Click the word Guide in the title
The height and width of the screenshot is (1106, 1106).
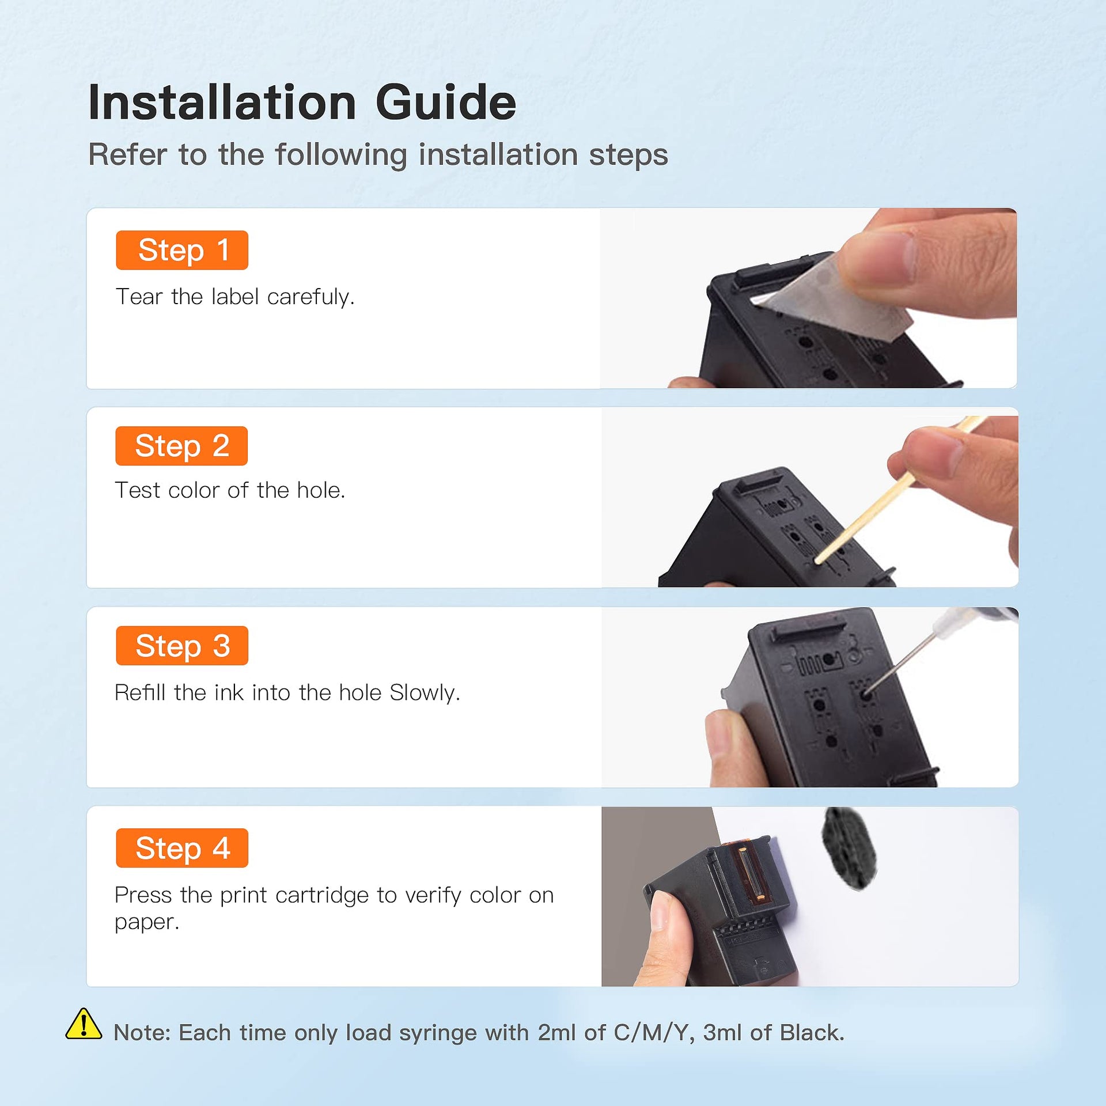[x=446, y=103]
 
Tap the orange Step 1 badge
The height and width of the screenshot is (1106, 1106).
[x=182, y=250]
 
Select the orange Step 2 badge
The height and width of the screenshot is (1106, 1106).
[x=181, y=446]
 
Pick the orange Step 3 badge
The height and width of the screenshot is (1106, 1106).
[x=182, y=646]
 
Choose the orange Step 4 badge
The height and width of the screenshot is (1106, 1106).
[x=182, y=848]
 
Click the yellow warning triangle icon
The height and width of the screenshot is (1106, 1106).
[x=84, y=1025]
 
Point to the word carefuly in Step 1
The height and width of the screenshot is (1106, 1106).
[x=311, y=297]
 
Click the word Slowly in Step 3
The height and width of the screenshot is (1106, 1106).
[x=425, y=693]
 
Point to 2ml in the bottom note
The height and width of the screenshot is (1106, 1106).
[x=557, y=1033]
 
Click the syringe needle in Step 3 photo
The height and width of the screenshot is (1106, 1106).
[x=899, y=662]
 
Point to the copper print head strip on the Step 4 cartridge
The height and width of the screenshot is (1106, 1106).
[x=751, y=873]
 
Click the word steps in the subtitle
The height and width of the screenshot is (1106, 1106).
[x=628, y=156]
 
